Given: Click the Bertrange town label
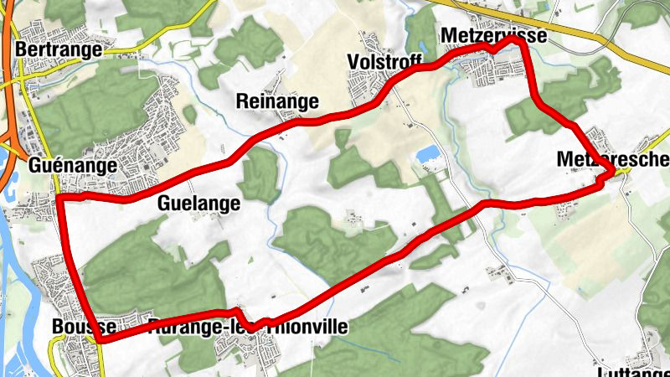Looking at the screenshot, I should click(59, 50).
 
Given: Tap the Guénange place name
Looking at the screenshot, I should click(72, 166).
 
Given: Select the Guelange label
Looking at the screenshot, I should click(198, 204).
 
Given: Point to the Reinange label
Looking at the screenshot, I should click(278, 102).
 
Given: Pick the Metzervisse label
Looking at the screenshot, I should click(492, 35).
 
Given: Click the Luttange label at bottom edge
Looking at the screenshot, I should click(636, 369).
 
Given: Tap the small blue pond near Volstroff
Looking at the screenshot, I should click(428, 154).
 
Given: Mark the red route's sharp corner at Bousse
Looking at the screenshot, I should click(100, 339).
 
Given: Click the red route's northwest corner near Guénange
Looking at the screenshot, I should click(60, 199).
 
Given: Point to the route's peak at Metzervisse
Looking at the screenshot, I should click(514, 39).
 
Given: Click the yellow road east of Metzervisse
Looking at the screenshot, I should click(603, 42).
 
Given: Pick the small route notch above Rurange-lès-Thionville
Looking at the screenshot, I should click(241, 312).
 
